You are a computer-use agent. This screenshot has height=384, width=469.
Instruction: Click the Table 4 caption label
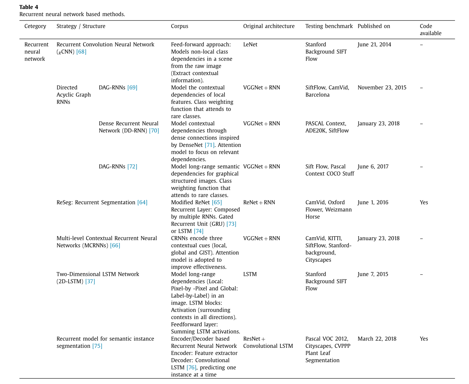29,7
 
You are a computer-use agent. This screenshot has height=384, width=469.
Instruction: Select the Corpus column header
180,26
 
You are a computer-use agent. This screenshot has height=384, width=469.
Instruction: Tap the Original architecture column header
269,26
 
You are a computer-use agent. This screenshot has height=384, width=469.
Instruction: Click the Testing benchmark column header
329,26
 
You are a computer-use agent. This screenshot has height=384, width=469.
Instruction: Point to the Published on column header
374,26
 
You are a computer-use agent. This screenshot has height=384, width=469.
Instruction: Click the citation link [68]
81,52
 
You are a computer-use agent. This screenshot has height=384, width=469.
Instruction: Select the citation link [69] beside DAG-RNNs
132,87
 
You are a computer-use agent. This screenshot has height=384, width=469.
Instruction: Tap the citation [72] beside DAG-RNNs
132,167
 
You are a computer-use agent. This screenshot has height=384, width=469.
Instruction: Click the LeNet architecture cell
250,45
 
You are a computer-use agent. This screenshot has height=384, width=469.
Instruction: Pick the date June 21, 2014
374,45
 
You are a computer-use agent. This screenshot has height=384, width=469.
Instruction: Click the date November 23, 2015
382,87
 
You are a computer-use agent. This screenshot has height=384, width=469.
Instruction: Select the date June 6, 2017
373,167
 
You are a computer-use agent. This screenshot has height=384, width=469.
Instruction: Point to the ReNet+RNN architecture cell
259,202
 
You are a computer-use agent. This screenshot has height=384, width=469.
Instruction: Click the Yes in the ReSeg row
424,202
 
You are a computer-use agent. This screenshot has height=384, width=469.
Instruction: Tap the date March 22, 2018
377,339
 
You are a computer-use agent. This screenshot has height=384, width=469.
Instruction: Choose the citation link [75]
97,346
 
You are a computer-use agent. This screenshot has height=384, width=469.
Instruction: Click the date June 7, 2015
373,274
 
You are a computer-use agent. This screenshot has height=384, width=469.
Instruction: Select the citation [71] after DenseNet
210,145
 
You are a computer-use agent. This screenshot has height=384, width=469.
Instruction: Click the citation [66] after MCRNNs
115,245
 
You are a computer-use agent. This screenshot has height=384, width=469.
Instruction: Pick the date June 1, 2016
373,202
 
